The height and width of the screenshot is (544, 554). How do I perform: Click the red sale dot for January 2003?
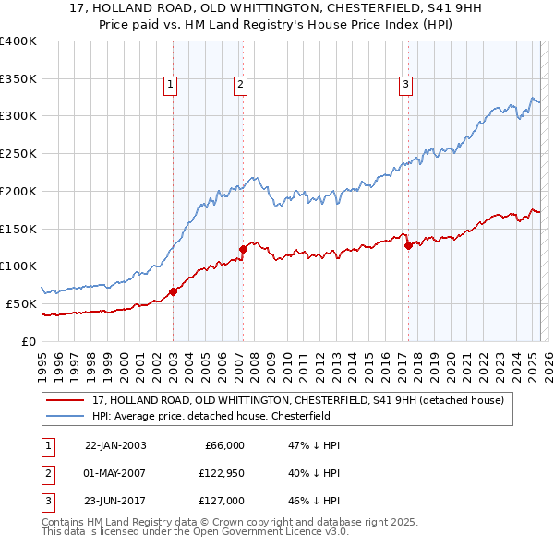coord(173,292)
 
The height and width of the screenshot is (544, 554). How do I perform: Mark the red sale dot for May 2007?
coord(243,249)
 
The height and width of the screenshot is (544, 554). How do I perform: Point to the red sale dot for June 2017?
coord(408,245)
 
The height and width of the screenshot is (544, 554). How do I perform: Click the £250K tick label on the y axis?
coord(18,153)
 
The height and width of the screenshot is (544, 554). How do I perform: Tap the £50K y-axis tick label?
coord(22,303)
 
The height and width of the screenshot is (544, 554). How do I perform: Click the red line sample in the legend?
coord(66,401)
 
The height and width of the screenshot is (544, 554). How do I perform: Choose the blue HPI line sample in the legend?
coord(66,416)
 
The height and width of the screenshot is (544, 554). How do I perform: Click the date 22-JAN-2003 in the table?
coord(115,445)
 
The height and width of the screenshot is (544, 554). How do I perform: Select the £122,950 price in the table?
coord(218,473)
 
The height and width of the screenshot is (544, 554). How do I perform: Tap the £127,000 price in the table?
coord(220,501)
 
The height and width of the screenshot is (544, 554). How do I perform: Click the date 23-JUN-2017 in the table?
coord(115,501)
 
